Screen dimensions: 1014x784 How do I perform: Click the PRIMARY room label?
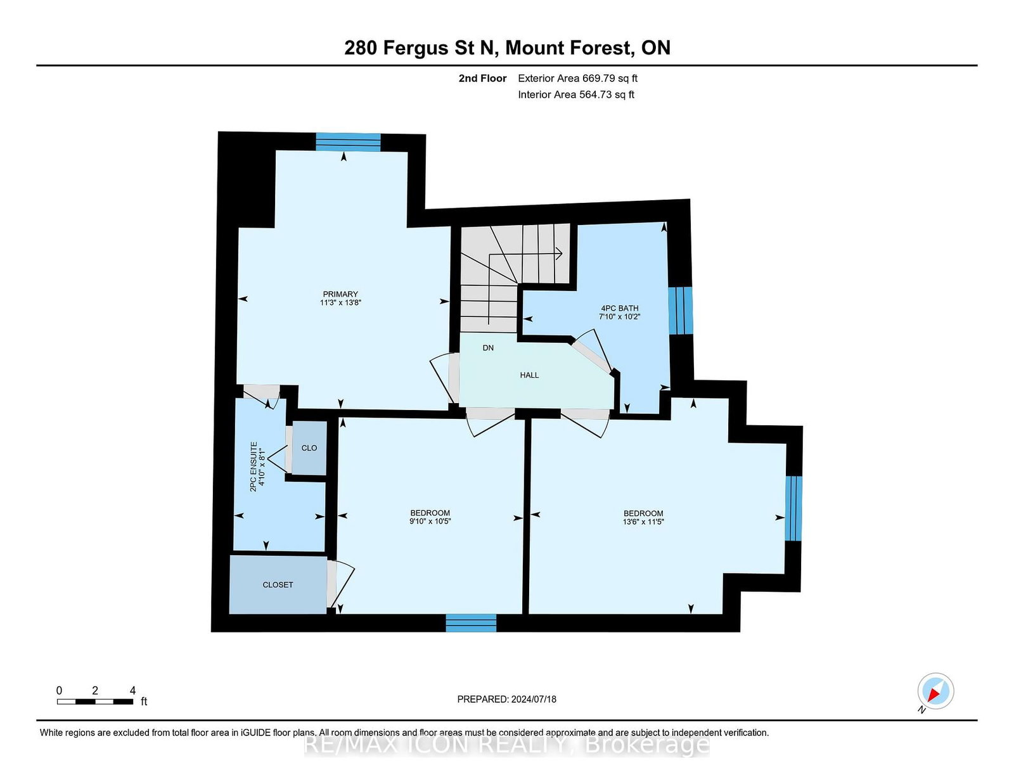340,294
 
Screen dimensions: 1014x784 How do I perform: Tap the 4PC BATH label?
619,308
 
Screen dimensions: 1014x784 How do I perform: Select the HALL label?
529,375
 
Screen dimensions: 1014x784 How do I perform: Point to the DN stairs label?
488,348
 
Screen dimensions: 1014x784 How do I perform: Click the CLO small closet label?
309,448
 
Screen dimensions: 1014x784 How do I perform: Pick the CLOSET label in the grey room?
278,585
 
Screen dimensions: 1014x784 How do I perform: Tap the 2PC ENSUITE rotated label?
253,466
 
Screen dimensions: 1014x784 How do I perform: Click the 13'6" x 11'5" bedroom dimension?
643,522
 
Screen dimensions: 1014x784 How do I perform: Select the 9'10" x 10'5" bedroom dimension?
430,521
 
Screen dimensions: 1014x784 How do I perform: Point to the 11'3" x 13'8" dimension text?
341,302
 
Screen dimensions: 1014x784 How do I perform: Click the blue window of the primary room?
348,142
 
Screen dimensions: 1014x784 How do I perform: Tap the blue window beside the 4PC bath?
681,311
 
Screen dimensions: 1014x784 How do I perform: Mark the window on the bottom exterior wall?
471,623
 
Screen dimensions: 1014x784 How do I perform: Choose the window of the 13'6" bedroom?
793,508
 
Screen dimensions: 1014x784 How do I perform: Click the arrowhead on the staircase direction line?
558,254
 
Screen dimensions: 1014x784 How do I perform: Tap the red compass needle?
934,695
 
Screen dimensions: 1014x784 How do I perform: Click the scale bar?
94,702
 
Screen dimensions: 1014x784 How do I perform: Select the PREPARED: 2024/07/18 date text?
507,699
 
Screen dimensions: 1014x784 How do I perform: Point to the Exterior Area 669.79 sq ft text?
578,79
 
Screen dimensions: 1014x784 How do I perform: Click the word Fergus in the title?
415,48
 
